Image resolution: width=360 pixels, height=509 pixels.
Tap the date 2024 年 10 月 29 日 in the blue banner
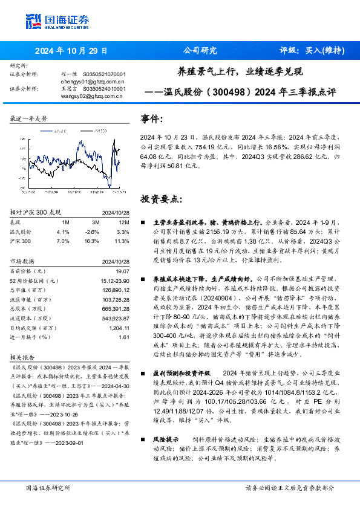click(x=71, y=51)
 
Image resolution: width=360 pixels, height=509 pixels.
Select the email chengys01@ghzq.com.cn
click(x=93, y=80)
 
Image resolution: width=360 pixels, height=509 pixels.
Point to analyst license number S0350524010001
click(x=104, y=88)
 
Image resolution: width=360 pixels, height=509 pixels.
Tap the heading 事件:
click(x=152, y=119)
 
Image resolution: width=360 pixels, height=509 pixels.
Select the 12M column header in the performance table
click(x=123, y=222)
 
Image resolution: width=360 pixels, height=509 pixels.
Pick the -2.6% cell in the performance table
click(x=92, y=232)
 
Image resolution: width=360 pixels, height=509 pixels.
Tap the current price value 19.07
click(x=123, y=271)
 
